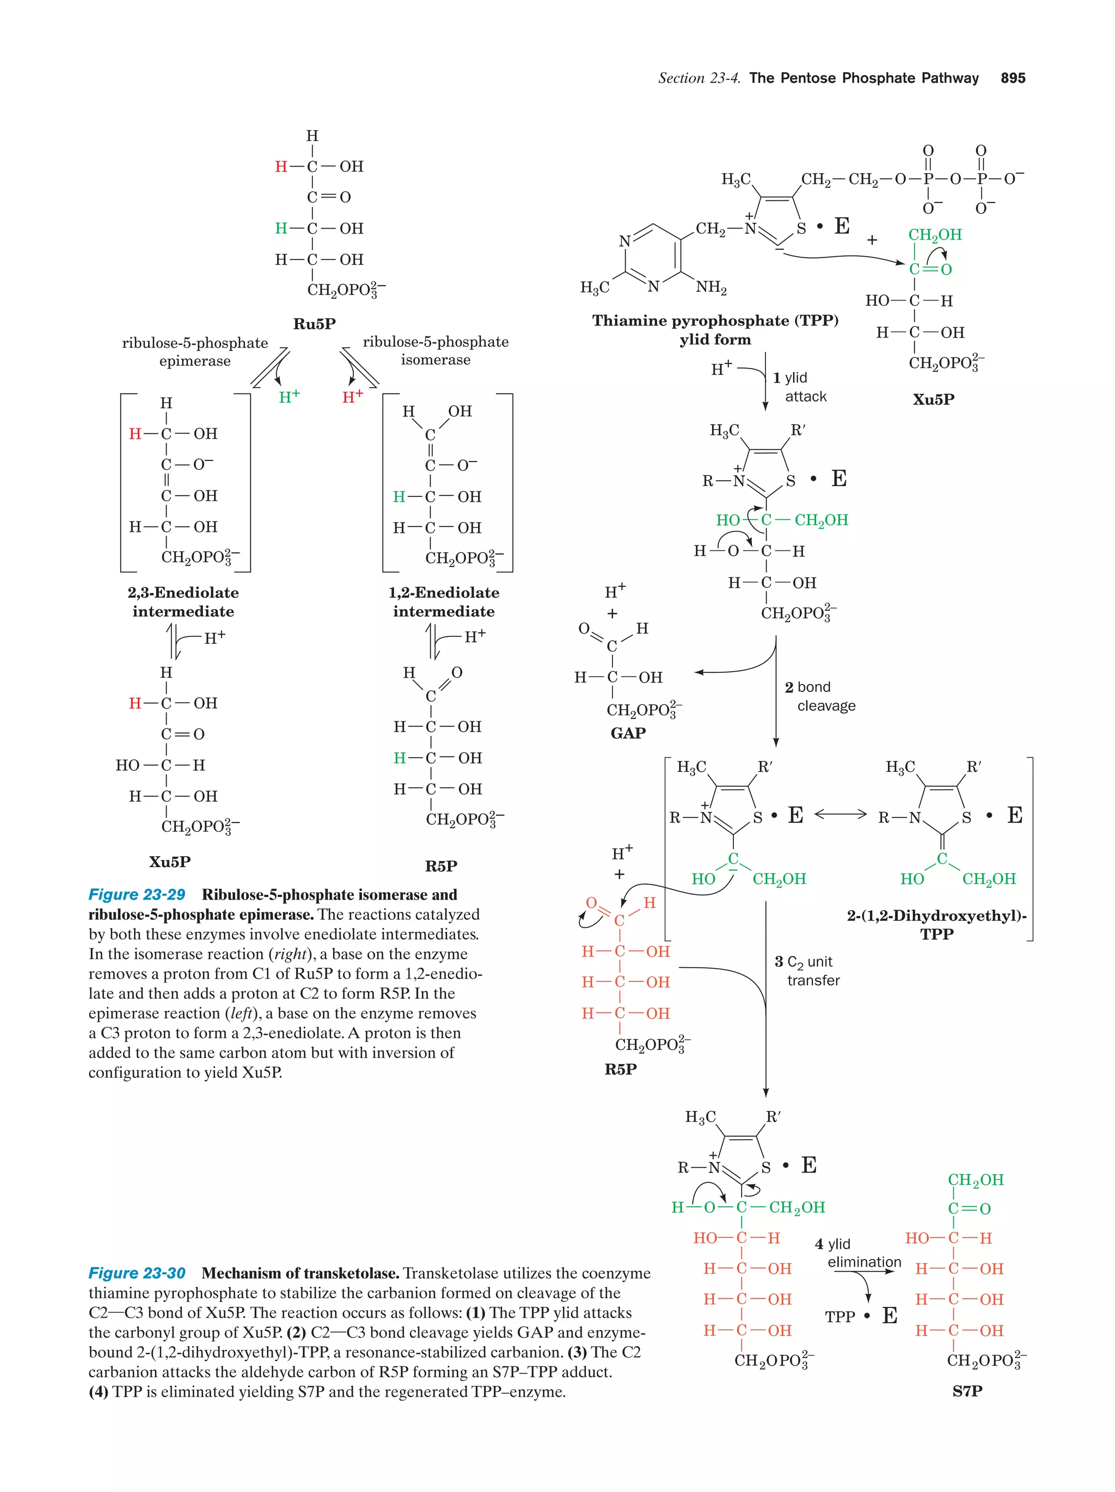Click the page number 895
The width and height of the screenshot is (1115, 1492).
tap(1013, 78)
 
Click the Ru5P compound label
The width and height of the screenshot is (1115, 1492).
tap(314, 324)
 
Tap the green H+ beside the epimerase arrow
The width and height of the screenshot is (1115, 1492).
tap(290, 397)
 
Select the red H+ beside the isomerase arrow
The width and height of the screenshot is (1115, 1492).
tap(353, 397)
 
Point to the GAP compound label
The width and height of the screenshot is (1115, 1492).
tap(627, 733)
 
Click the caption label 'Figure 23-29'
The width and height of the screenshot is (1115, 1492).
tap(137, 895)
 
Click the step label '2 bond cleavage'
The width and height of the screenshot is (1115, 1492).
tap(819, 696)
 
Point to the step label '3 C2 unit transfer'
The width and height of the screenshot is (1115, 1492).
tap(807, 971)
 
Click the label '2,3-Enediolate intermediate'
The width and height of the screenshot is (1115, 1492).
tap(183, 601)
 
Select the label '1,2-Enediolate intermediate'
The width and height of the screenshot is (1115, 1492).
tap(444, 601)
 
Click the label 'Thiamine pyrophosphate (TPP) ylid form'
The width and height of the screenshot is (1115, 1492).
tap(715, 330)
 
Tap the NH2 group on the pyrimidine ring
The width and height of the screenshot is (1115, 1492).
tap(711, 287)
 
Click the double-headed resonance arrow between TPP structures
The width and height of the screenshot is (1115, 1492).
tap(840, 814)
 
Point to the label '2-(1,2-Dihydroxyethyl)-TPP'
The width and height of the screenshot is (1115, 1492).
tap(937, 925)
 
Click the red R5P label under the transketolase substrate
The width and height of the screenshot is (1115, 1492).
tap(621, 1069)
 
